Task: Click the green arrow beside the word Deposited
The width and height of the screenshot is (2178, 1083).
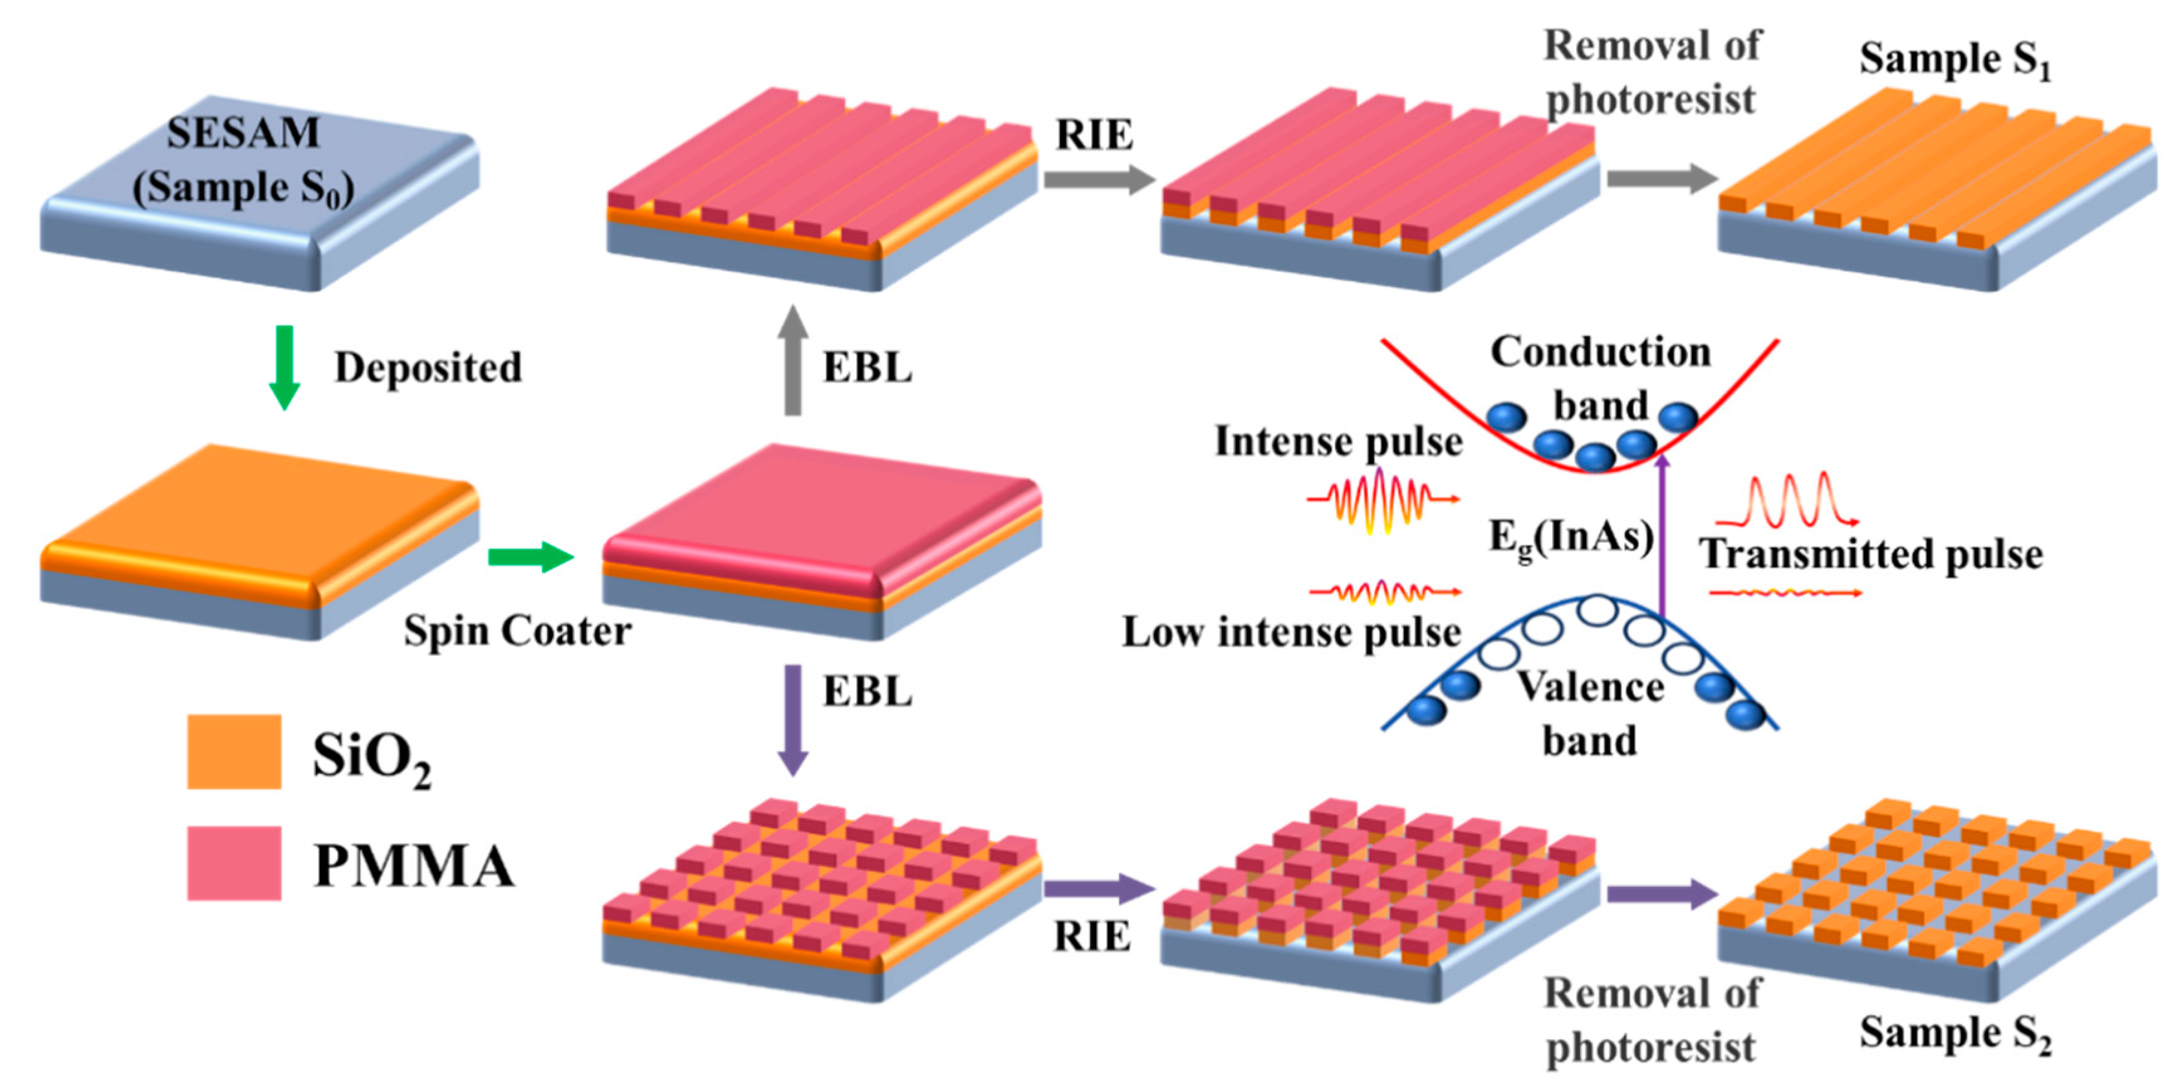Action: click(x=284, y=367)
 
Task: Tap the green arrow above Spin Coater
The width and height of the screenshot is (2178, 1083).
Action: click(x=530, y=557)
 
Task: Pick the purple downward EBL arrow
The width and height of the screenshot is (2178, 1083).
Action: click(x=792, y=719)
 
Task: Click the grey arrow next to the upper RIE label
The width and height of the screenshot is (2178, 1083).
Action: click(x=1097, y=179)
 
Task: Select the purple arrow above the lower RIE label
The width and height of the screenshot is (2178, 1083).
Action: click(x=1097, y=888)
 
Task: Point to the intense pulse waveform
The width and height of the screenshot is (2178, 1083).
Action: click(x=1383, y=501)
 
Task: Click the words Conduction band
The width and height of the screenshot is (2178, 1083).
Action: click(x=1601, y=377)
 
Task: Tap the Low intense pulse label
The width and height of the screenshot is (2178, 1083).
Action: click(x=1291, y=633)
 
